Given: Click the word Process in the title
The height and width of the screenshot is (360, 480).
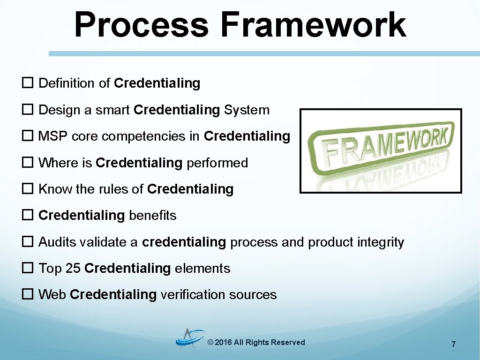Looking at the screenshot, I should [x=141, y=26].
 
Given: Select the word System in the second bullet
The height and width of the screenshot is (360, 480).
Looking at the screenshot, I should [x=247, y=111].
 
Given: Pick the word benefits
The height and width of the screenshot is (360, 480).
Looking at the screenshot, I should [x=152, y=216].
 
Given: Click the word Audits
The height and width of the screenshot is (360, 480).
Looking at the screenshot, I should [x=57, y=242].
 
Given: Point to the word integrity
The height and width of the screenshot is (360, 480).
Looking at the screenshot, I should [x=380, y=242].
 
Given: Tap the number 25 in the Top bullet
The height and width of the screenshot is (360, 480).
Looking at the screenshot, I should [x=73, y=269].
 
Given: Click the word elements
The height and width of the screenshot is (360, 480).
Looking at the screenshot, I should [x=202, y=269].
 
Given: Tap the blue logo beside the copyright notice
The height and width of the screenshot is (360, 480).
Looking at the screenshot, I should [x=190, y=340].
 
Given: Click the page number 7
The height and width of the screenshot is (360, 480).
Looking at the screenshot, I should [x=453, y=345].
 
